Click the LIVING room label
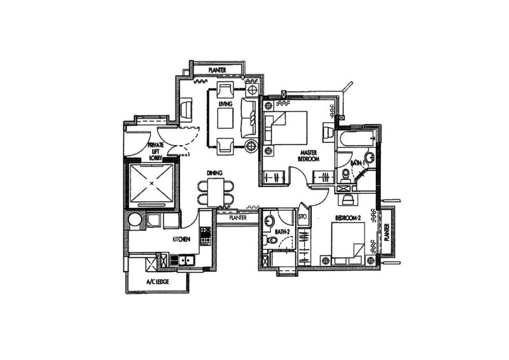[225, 103]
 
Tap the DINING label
[214, 172]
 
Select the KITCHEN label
[182, 239]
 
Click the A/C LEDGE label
[159, 280]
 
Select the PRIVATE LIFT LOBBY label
[157, 150]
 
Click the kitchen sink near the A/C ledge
[185, 260]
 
